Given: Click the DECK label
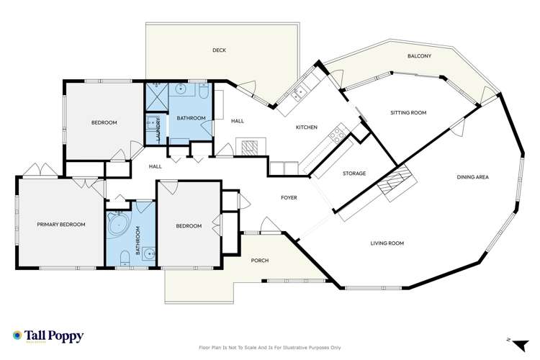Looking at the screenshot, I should pos(219,50).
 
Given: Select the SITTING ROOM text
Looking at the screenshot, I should pos(408,113).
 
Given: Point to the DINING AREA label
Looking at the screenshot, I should pos(473,176).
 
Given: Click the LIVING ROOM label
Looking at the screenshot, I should pos(387,243).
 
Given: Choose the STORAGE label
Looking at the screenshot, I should pos(354,174).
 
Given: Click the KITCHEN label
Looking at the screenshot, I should pos(307,127).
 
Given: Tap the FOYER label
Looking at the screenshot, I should pos(289,197).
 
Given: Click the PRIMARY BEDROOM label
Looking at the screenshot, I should pos(61,225).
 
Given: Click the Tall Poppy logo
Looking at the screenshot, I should pos(48,336).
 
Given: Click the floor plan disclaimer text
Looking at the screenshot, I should pos(269,347).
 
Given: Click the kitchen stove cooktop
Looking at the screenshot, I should pos(336,134).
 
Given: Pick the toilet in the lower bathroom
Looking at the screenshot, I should pos(125,256).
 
